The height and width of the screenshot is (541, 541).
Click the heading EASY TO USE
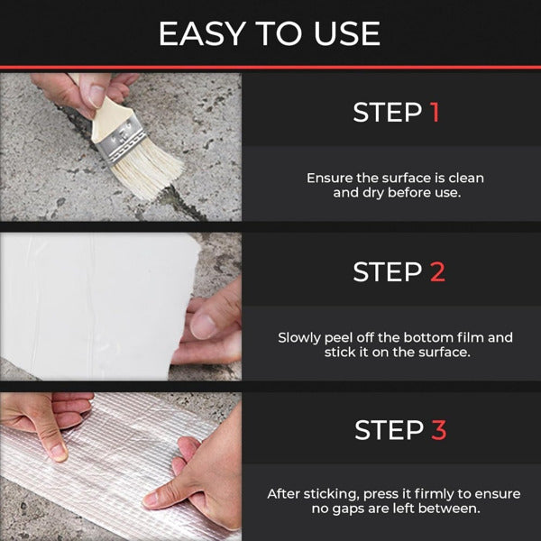tap(270, 33)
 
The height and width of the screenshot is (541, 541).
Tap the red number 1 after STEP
tap(435, 113)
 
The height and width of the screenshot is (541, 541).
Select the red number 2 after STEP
tap(436, 271)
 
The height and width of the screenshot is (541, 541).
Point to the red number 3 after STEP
tap(437, 430)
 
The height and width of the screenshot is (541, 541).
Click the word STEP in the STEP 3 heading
tap(387, 430)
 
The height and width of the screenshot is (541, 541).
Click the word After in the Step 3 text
tap(286, 494)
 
